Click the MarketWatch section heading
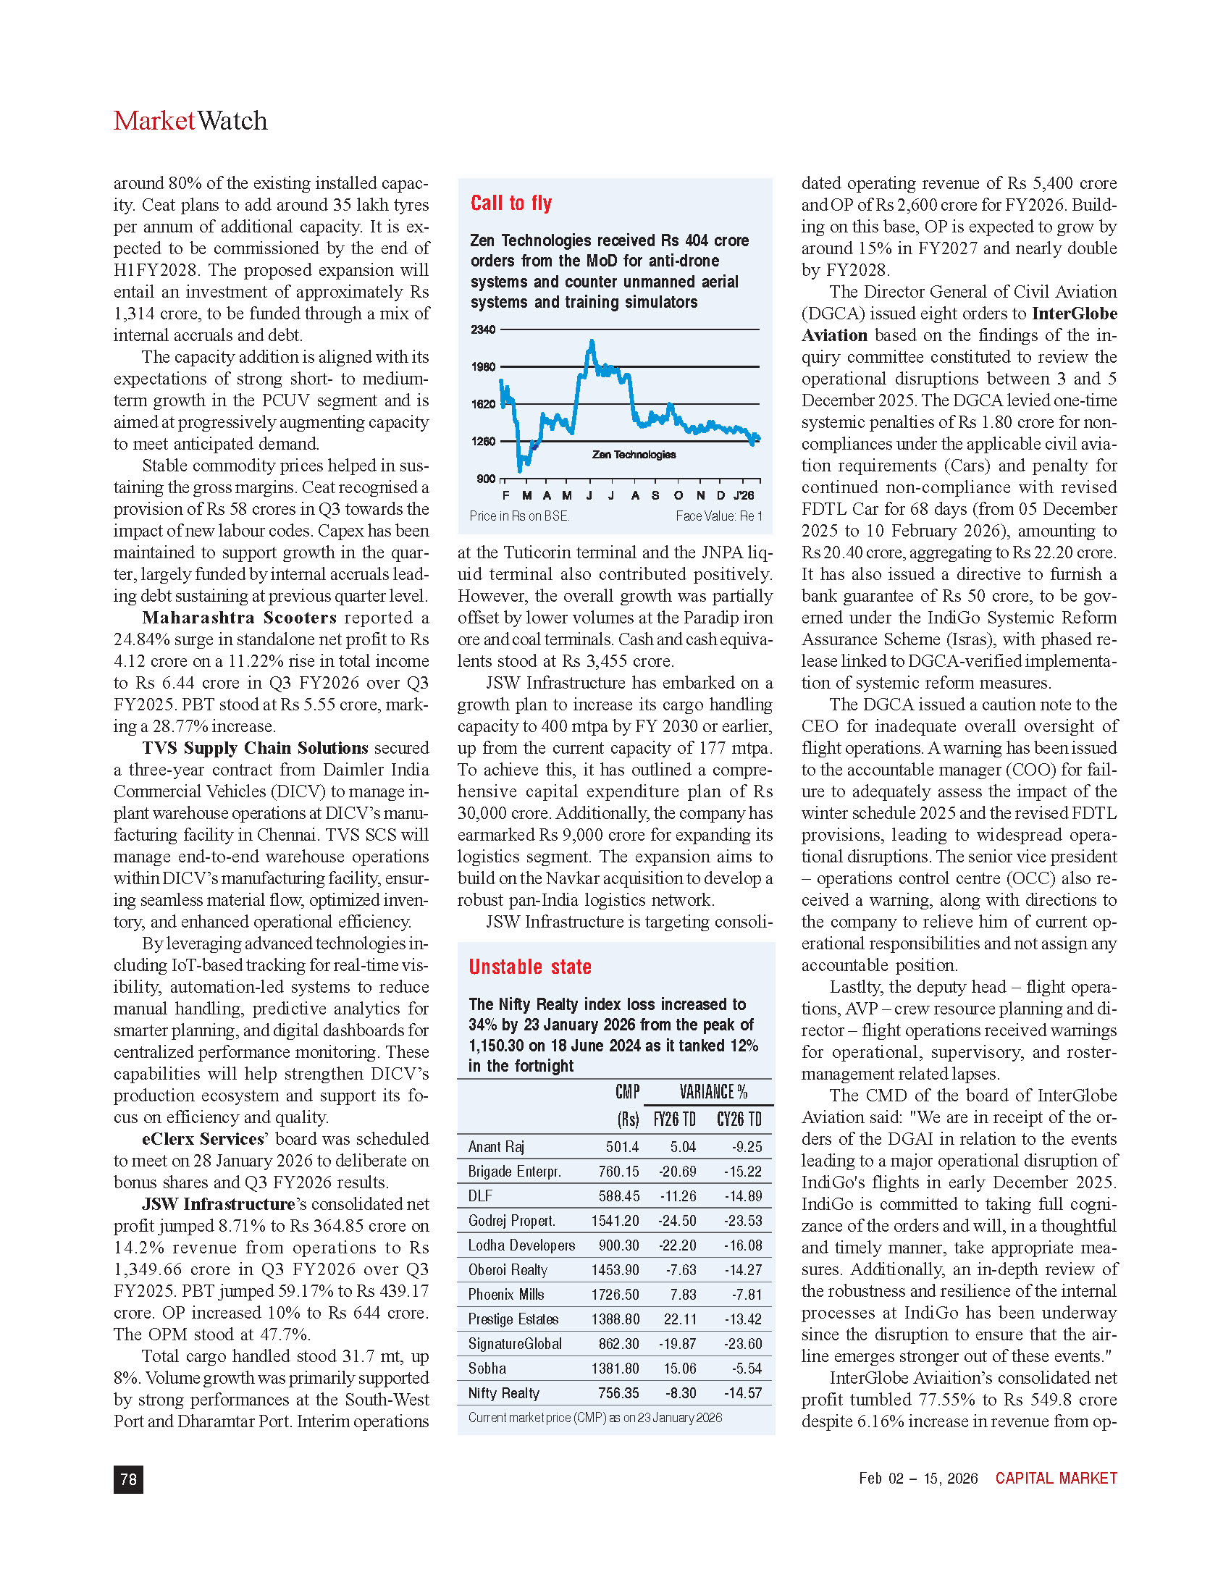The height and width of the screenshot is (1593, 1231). coord(190,121)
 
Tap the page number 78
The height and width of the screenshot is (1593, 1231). coord(128,1479)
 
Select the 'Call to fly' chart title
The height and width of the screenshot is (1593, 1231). coord(511,203)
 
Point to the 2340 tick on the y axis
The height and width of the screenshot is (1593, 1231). coord(483,329)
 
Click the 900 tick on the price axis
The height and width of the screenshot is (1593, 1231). coord(486,479)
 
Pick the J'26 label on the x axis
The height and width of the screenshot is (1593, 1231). coord(743,496)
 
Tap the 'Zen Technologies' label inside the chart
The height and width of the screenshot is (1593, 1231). coord(634,455)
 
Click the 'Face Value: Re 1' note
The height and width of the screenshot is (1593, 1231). coord(718,516)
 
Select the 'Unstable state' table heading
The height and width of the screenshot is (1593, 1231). coord(529,967)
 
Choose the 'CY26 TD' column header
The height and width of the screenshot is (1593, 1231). coord(739,1119)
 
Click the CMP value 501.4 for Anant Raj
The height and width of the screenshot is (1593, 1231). coord(622,1147)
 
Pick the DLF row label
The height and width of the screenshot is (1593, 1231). coord(480,1195)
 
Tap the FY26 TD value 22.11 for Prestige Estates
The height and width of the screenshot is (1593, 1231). coord(680,1319)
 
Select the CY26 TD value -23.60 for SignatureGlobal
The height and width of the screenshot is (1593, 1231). coord(742,1343)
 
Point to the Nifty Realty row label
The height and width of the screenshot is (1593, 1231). coord(503,1393)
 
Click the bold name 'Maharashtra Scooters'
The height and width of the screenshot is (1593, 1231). coord(239,618)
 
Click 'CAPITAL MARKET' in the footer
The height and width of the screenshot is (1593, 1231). coord(1056,1478)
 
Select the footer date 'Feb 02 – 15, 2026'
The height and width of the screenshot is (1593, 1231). coord(918,1478)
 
